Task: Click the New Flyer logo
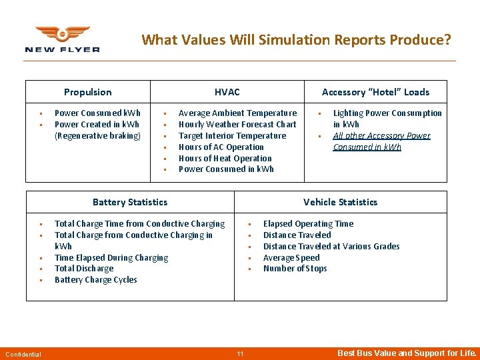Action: click(x=62, y=39)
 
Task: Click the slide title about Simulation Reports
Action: click(x=296, y=40)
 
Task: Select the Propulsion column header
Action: click(x=87, y=92)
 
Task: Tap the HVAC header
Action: click(x=227, y=92)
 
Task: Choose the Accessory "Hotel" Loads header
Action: click(x=375, y=92)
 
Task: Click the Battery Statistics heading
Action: click(x=130, y=202)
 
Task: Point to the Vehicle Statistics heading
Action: click(x=340, y=202)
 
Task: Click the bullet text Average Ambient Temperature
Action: click(x=237, y=113)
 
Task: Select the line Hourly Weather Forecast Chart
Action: click(x=237, y=125)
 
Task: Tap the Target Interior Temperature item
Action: click(x=232, y=136)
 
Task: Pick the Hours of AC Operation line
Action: click(x=221, y=147)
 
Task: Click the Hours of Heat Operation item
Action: click(x=225, y=159)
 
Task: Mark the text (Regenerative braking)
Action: click(x=97, y=136)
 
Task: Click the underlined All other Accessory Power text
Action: click(x=381, y=136)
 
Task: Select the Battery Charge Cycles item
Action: click(x=95, y=280)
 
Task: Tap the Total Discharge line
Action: click(x=84, y=269)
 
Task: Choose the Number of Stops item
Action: click(x=295, y=269)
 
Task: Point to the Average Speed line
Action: click(x=291, y=258)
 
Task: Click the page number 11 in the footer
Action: click(x=240, y=353)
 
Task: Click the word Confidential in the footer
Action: click(x=23, y=354)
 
